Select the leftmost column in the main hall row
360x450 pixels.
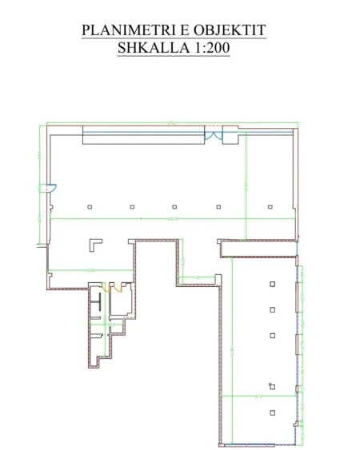coord(90,207)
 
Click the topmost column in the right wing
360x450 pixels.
coord(273,284)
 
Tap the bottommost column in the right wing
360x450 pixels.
coord(273,412)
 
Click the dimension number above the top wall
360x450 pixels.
coord(170,121)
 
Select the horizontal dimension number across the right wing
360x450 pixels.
coord(258,396)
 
